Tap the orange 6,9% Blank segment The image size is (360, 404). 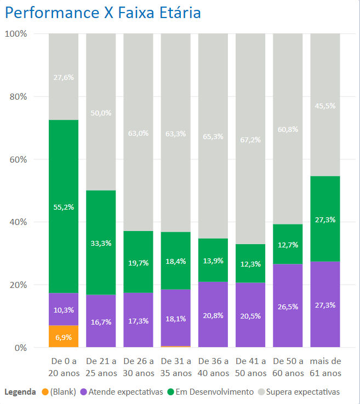point(64,336)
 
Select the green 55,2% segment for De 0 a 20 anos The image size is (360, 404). point(64,206)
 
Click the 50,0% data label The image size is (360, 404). point(101,113)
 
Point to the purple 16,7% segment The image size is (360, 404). point(101,321)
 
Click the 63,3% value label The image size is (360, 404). point(175,133)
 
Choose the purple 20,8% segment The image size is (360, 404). point(213,315)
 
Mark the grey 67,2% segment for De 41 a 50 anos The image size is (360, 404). point(250,139)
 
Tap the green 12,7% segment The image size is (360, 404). point(287,245)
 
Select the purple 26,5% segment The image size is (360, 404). point(287,307)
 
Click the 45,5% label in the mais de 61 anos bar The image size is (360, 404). point(325,106)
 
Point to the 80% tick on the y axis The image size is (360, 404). point(18,97)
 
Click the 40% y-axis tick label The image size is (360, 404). point(18,222)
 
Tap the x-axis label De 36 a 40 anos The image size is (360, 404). point(213,367)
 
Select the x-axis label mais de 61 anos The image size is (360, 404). point(325,367)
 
